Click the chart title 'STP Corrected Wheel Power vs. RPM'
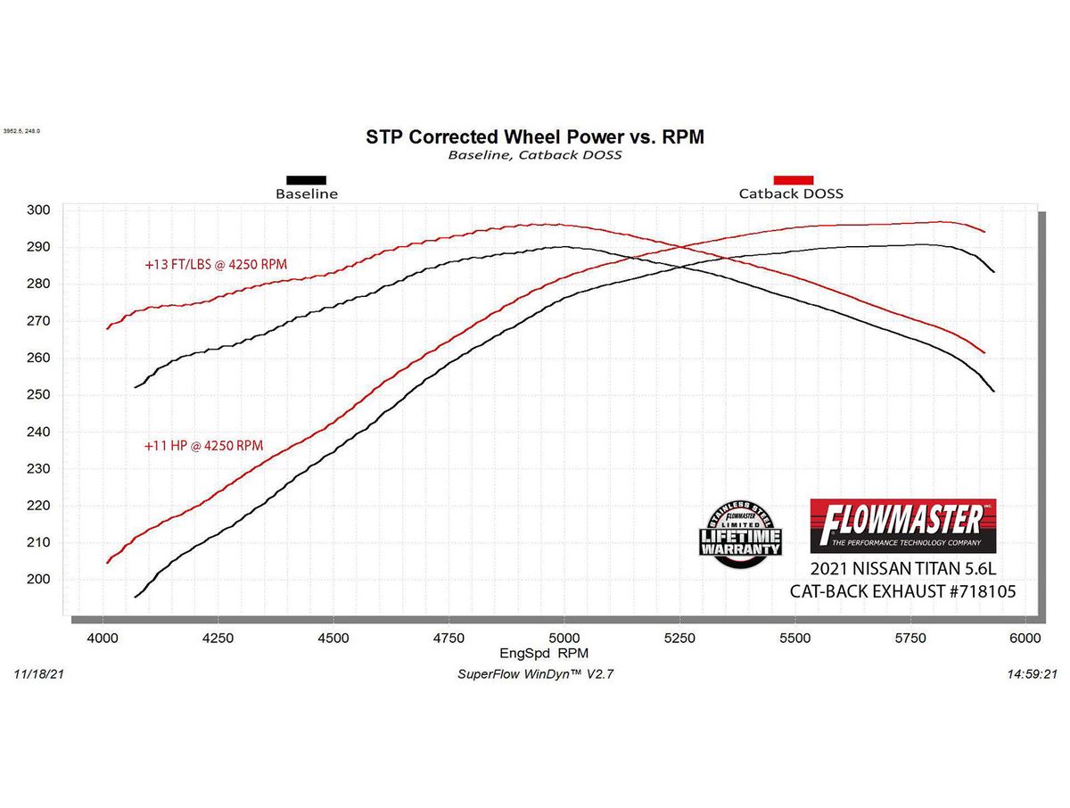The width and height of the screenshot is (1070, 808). [535, 136]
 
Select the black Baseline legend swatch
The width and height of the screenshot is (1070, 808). [306, 179]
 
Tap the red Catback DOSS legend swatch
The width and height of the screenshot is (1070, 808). [793, 179]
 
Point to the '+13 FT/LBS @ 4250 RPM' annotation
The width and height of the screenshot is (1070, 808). [216, 264]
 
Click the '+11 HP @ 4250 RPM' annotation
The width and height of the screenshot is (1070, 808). [204, 445]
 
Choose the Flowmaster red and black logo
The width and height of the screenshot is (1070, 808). [902, 525]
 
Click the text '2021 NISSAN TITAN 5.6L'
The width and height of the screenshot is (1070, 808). [902, 570]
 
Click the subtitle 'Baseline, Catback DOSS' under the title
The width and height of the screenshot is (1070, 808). [534, 155]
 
